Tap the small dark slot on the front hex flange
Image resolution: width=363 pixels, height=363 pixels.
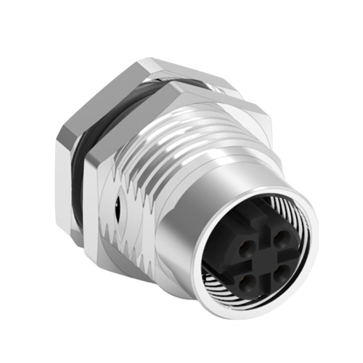(118, 194)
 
